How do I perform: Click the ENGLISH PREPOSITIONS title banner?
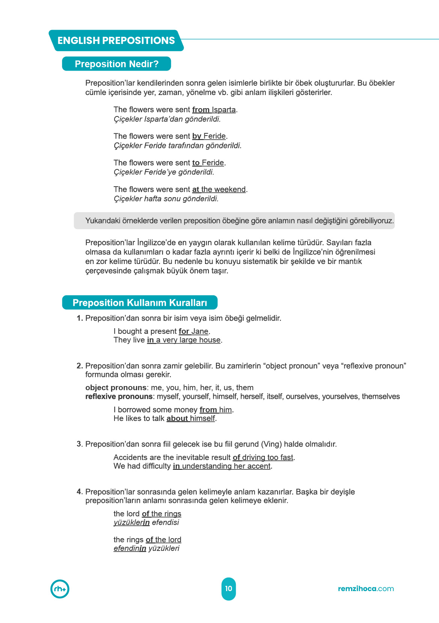(x=116, y=41)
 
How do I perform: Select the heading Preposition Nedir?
(x=116, y=64)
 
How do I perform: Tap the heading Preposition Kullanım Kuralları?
(x=140, y=303)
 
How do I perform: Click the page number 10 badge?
(x=229, y=588)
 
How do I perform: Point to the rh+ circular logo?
(x=60, y=589)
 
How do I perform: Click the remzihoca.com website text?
(x=366, y=588)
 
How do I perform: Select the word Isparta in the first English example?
(x=224, y=110)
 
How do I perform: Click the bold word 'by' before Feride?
(x=197, y=136)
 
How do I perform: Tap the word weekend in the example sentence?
(x=230, y=189)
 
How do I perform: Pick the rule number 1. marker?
(x=80, y=318)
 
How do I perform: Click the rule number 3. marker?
(x=80, y=444)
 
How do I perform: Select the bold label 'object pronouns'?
(x=116, y=388)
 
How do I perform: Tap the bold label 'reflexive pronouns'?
(x=119, y=397)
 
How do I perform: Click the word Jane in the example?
(x=200, y=331)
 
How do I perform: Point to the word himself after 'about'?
(x=202, y=418)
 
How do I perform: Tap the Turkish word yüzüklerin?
(x=131, y=523)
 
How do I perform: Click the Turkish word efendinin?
(x=130, y=549)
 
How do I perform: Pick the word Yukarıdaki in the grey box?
(x=103, y=221)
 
